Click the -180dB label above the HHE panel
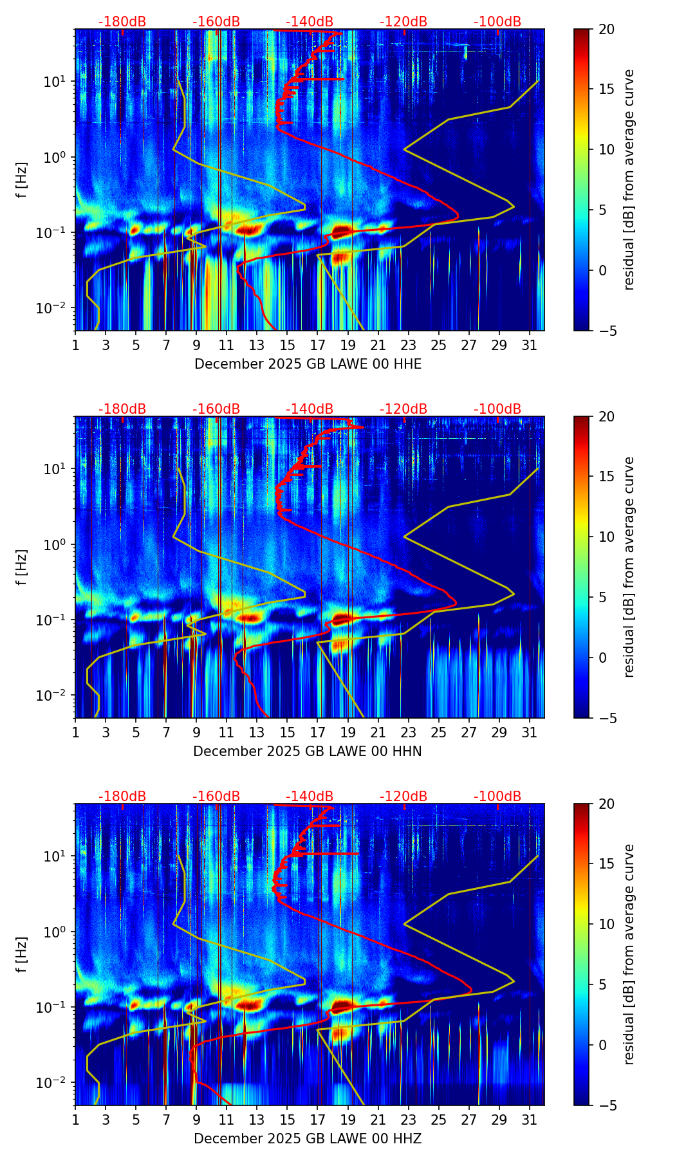click(x=122, y=22)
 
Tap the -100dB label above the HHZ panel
click(x=497, y=797)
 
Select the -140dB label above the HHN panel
click(x=310, y=409)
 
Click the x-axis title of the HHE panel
click(x=308, y=364)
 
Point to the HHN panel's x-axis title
click(x=308, y=752)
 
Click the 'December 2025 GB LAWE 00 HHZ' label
click(x=308, y=1139)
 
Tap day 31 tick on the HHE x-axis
click(x=530, y=345)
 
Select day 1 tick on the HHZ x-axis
click(x=75, y=1120)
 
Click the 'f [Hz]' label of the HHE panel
click(x=22, y=180)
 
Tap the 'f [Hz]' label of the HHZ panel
click(x=22, y=954)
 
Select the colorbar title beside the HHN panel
click(x=629, y=567)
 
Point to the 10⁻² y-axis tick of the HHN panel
click(x=57, y=696)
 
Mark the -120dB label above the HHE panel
click(x=403, y=22)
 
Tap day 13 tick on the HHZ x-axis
click(x=257, y=1120)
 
